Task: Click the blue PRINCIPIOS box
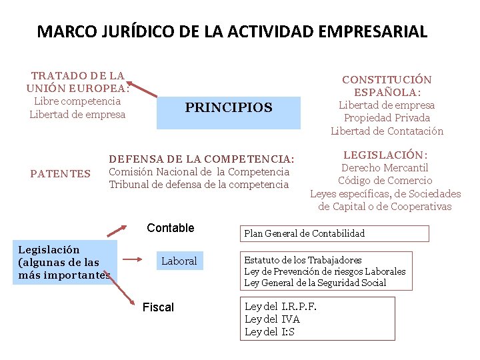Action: click(229, 108)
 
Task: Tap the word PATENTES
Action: click(61, 174)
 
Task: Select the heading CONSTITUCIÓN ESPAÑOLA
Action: click(387, 86)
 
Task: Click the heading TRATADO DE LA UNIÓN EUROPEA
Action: click(77, 82)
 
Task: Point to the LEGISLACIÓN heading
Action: click(385, 155)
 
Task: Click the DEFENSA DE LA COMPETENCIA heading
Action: click(201, 159)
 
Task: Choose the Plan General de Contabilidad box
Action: click(334, 233)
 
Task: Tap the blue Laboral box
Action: click(179, 261)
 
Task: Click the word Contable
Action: click(171, 228)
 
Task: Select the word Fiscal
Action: click(158, 307)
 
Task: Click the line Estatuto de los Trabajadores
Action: click(303, 260)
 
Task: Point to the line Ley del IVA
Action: click(273, 319)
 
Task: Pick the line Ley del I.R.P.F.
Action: click(281, 307)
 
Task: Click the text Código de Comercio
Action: click(385, 181)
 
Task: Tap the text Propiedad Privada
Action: click(387, 118)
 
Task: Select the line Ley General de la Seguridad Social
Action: click(315, 283)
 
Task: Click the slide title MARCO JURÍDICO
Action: click(232, 31)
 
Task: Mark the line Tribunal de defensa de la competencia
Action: click(199, 185)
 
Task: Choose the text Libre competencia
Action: click(77, 101)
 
